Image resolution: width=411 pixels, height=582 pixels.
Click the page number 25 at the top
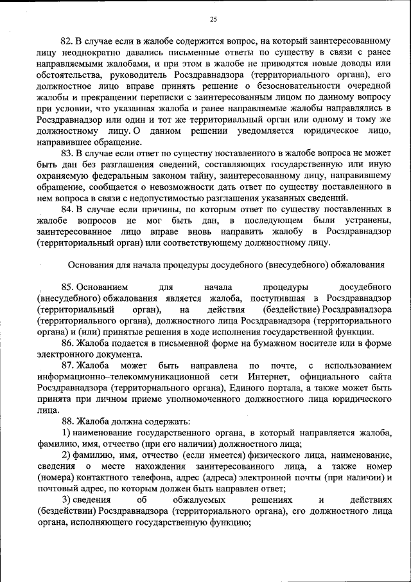213,19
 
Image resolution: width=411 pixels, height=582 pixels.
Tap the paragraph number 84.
67,209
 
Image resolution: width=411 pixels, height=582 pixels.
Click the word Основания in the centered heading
94,264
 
